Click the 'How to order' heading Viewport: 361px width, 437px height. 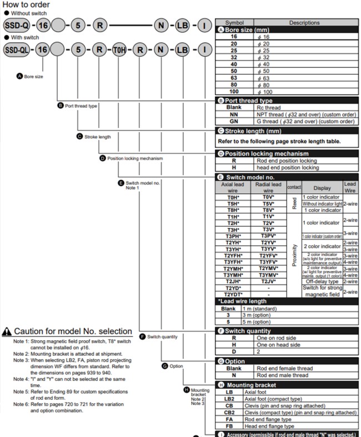[26, 5]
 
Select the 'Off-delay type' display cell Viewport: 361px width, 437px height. [322, 282]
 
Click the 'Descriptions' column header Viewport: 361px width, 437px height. [304, 23]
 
